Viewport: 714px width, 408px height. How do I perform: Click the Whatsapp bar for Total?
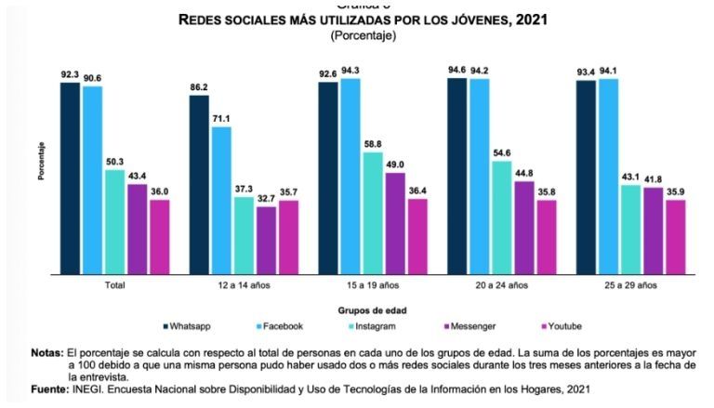pyautogui.click(x=70, y=178)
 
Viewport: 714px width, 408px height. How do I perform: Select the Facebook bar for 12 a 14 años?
pyautogui.click(x=220, y=200)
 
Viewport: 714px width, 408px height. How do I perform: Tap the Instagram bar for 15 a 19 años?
pyautogui.click(x=371, y=213)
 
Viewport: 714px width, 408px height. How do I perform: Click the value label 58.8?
pyautogui.click(x=371, y=143)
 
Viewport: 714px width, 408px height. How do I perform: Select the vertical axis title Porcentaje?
pyautogui.click(x=41, y=161)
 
